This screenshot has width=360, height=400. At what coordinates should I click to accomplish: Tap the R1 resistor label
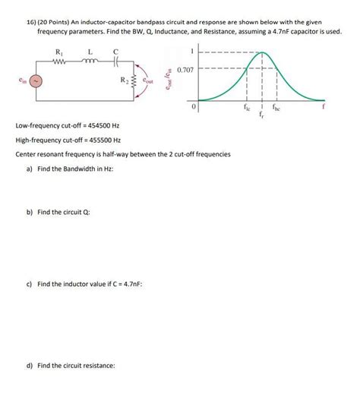pyautogui.click(x=60, y=51)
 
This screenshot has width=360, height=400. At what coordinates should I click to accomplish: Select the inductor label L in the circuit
pyautogui.click(x=90, y=51)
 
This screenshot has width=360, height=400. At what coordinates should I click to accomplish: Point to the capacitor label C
pyautogui.click(x=115, y=51)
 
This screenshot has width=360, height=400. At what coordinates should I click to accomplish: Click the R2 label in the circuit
pyautogui.click(x=124, y=78)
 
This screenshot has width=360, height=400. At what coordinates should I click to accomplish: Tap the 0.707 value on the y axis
pyautogui.click(x=185, y=70)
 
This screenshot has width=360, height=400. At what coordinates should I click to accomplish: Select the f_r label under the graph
pyautogui.click(x=263, y=116)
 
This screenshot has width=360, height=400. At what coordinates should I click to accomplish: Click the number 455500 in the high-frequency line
pyautogui.click(x=95, y=140)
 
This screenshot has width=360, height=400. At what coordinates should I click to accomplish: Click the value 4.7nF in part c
pyautogui.click(x=132, y=284)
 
